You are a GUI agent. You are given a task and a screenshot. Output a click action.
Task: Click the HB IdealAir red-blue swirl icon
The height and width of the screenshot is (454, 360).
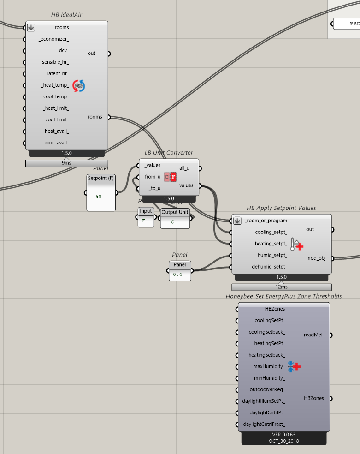point(79,85)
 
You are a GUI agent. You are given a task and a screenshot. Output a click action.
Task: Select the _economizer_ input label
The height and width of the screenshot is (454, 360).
point(54,39)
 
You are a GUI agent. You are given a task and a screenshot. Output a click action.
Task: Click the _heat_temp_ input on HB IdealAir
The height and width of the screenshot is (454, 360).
point(55,85)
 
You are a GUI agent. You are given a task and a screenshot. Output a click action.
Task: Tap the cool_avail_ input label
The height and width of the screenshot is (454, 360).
point(57,143)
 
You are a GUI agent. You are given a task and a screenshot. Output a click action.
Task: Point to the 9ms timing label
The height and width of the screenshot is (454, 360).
point(67,163)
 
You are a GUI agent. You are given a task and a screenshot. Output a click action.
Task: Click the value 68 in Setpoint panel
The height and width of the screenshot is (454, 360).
point(99,197)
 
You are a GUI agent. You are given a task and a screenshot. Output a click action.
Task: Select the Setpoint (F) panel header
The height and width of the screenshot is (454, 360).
point(101,178)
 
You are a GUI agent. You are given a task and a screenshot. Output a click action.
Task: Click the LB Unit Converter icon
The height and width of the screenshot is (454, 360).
point(170,177)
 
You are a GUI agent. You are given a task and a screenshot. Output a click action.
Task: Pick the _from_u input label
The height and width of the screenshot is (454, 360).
point(152,177)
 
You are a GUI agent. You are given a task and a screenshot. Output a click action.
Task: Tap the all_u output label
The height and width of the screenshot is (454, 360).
point(184,168)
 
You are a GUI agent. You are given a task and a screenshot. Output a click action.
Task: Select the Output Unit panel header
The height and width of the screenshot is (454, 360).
point(175,212)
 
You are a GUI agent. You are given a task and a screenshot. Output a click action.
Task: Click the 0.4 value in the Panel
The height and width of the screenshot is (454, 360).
point(177,275)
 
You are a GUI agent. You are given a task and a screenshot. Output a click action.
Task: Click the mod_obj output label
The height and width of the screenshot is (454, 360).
point(316,258)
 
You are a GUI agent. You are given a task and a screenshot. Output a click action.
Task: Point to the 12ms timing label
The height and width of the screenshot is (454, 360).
point(282,287)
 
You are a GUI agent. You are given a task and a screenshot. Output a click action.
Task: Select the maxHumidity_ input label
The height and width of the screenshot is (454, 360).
point(269,367)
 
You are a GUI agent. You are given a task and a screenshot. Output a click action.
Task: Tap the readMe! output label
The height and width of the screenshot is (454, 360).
point(313,335)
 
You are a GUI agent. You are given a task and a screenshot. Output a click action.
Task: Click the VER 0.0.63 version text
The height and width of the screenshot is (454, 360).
point(283,435)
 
